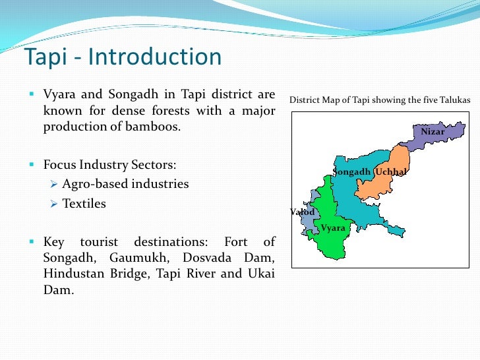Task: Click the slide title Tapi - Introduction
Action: coord(123,57)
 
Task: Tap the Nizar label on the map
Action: coord(433,132)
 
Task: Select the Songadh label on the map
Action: coord(353,172)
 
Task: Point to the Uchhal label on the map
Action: coord(391,172)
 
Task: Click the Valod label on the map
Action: coord(303,212)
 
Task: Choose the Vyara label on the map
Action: coord(333,228)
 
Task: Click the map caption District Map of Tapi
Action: coord(380,100)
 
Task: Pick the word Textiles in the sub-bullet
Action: coord(84,204)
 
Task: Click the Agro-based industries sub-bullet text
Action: coord(125,184)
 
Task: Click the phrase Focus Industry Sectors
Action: coord(109,164)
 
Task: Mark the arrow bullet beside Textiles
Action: coord(55,204)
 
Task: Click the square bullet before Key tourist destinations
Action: coord(31,241)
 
